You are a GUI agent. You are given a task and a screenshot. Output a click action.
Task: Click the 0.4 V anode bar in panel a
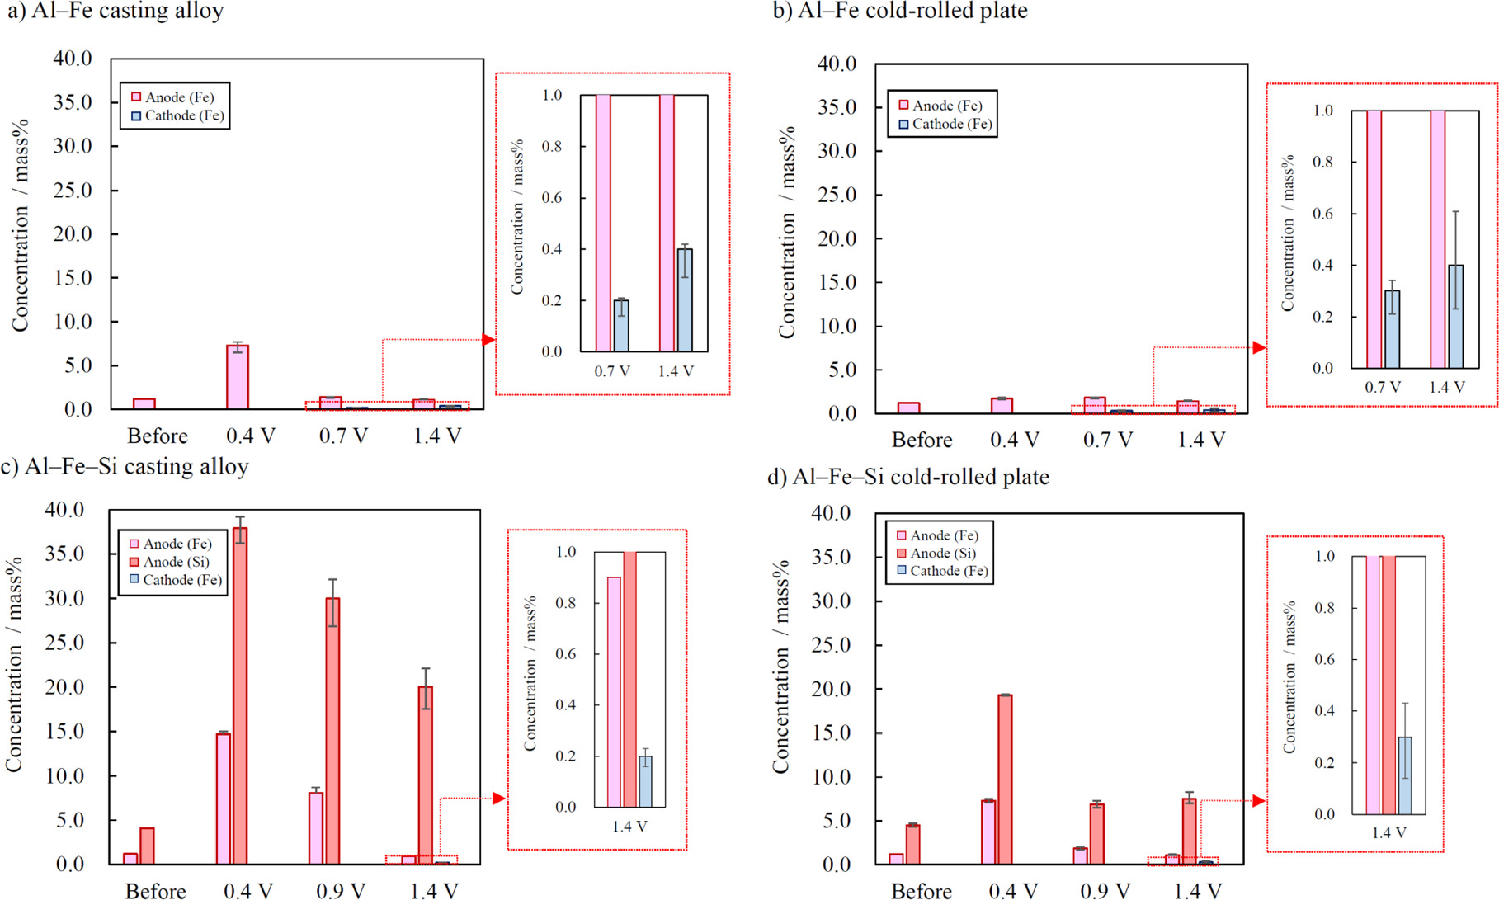click(238, 378)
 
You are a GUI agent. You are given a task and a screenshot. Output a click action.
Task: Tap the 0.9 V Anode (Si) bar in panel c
click(332, 731)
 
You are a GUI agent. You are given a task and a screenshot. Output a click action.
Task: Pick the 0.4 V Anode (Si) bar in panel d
click(1005, 779)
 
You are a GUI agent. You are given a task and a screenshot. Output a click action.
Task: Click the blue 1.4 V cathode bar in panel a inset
click(685, 300)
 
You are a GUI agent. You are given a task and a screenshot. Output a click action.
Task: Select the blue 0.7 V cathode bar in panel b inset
click(1392, 329)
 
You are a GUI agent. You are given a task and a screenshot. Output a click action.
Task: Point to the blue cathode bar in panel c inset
click(645, 781)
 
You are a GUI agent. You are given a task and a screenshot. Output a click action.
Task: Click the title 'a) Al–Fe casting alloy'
click(115, 12)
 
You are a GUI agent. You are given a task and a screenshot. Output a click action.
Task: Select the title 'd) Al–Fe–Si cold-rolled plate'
click(908, 477)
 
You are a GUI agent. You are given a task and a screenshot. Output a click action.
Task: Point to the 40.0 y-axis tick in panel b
click(837, 64)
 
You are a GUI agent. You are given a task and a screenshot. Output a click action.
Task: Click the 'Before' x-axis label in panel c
click(155, 891)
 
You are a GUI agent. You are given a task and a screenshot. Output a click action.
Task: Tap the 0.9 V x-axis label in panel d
click(1105, 891)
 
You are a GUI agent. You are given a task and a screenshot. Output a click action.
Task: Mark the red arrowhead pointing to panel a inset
click(489, 340)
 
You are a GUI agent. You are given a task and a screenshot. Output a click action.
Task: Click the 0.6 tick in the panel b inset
click(1322, 214)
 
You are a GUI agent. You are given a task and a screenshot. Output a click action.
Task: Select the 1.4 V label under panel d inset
click(1388, 833)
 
